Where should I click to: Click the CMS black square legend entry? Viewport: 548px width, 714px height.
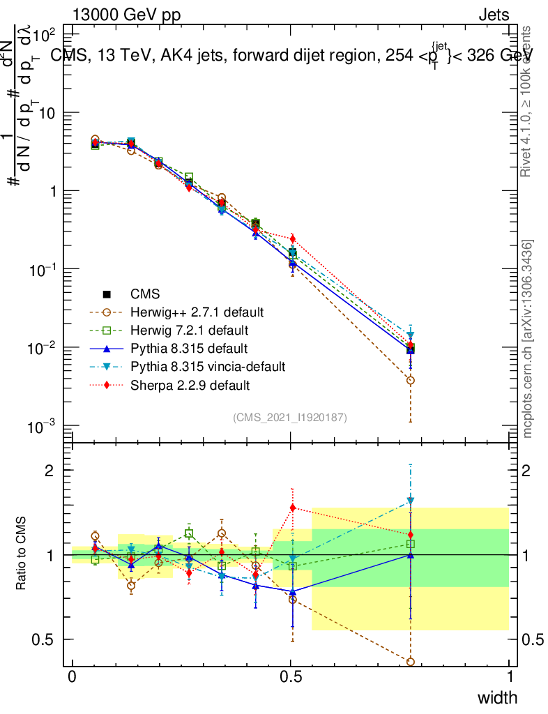coord(145,294)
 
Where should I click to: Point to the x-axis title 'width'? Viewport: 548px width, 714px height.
coord(497,697)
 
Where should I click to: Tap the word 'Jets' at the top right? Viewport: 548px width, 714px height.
coord(494,15)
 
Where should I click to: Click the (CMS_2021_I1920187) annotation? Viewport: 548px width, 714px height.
coord(290,417)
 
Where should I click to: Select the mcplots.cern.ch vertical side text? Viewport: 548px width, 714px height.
coord(528,339)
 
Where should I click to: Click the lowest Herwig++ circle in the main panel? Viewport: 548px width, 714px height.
coord(411,381)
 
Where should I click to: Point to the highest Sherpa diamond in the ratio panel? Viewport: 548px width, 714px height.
coord(293,508)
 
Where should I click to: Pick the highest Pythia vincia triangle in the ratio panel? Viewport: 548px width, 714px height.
coord(411,501)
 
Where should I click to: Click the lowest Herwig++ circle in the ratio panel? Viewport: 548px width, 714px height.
coord(411,662)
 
